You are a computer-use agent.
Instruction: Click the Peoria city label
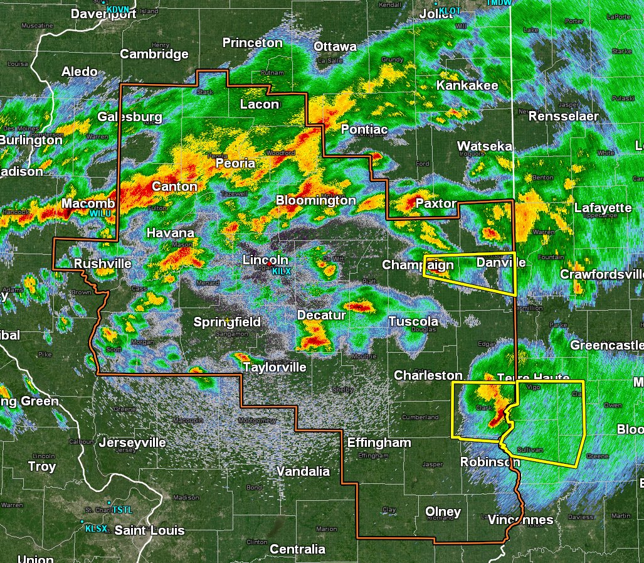235,163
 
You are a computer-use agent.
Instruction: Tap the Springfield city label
227,322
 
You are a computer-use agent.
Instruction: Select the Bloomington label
316,201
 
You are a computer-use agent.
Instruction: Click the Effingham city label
379,442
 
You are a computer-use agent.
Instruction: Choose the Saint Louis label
149,530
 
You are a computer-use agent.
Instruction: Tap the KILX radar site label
281,271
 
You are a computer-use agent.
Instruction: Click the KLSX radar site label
96,528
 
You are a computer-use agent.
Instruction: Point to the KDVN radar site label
118,9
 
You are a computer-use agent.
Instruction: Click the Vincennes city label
520,520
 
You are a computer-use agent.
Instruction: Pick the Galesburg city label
130,117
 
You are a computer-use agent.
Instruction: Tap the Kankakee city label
467,85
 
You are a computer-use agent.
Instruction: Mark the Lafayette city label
603,208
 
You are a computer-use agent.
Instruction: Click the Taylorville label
275,367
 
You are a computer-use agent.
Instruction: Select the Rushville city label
103,264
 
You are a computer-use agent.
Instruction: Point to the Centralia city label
297,549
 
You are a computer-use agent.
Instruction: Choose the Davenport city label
103,14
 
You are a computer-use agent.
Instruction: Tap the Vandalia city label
303,471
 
